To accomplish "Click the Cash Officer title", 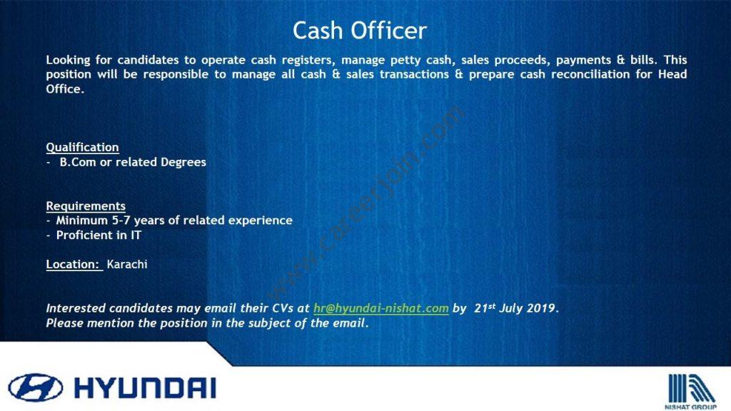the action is click(360, 31).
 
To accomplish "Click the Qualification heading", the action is click(83, 147).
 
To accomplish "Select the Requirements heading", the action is click(86, 206).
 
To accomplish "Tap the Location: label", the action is click(74, 264).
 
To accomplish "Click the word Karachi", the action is click(127, 264).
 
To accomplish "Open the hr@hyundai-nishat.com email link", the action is click(381, 308).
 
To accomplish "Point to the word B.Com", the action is click(77, 162).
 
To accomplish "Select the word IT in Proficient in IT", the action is click(136, 235).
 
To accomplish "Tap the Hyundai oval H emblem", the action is click(36, 387).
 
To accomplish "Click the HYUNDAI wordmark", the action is click(145, 387).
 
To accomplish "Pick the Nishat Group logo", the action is click(690, 391).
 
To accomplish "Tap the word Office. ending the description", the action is click(65, 89).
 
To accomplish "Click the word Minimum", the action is click(82, 220).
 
